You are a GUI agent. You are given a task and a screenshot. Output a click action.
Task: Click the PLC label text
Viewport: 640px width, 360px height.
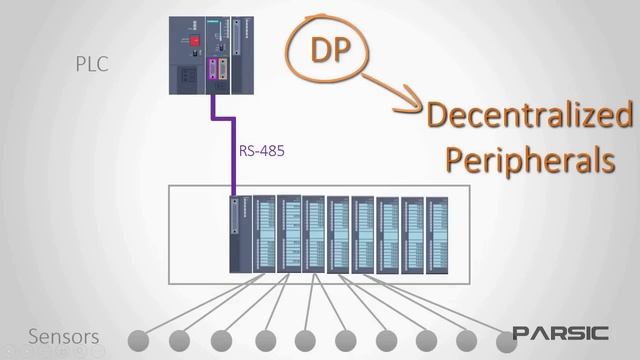pyautogui.click(x=92, y=65)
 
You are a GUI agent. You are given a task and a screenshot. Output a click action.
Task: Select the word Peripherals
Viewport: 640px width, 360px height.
pyautogui.click(x=528, y=160)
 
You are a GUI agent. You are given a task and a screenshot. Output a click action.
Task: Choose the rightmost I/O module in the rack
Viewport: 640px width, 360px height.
pyautogui.click(x=438, y=235)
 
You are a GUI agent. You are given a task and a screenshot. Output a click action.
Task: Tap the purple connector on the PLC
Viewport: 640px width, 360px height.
pyautogui.click(x=212, y=71)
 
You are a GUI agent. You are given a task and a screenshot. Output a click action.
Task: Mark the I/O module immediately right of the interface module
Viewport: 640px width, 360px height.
pyautogui.click(x=265, y=235)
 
